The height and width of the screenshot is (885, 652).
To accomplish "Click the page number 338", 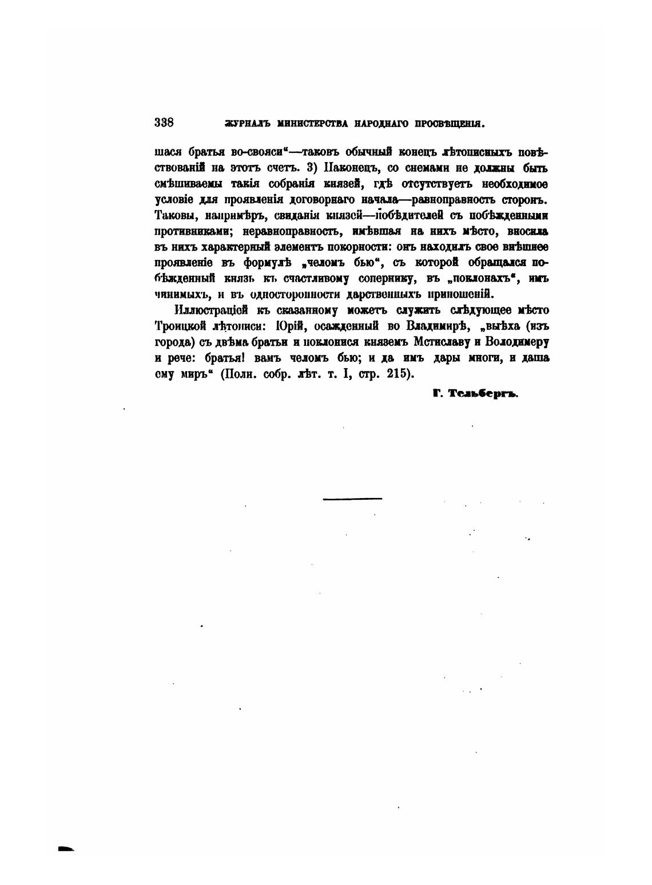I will coord(164,122).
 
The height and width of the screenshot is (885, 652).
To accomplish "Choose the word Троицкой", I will coord(180,326).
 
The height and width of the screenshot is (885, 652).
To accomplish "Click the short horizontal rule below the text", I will coord(352,499).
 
